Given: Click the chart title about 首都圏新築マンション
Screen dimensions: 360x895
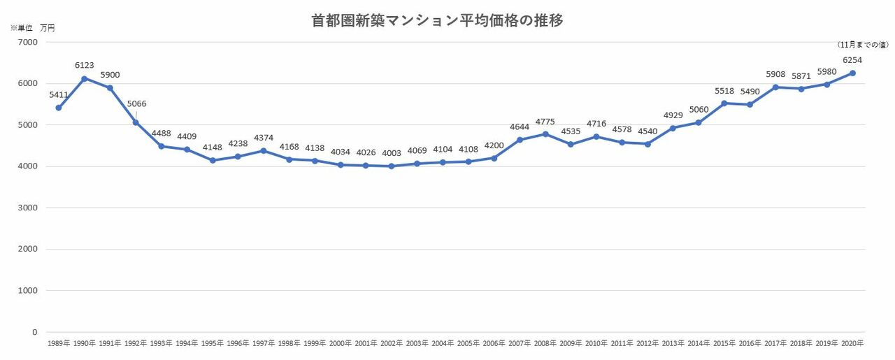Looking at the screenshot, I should click(x=437, y=21).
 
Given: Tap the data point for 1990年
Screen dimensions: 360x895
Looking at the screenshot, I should click(x=85, y=78).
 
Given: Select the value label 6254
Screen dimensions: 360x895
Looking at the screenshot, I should click(x=852, y=60).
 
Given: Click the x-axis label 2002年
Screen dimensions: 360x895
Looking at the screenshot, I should click(x=391, y=343).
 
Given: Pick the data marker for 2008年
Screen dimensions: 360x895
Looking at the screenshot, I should click(x=545, y=134).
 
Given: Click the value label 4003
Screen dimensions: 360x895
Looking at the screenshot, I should click(x=391, y=153).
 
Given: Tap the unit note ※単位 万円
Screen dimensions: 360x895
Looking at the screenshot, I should click(x=32, y=29).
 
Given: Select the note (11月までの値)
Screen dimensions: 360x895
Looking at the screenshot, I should click(x=863, y=45).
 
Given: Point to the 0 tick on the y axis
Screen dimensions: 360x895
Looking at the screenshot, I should click(x=34, y=332).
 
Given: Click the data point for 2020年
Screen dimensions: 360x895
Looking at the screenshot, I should click(x=852, y=73).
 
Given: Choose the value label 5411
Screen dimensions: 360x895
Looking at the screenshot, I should click(x=59, y=94).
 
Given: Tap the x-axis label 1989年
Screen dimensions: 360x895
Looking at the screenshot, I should click(x=59, y=343).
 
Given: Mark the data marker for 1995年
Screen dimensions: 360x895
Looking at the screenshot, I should click(x=212, y=160).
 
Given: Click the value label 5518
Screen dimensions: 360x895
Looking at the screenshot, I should click(x=724, y=91).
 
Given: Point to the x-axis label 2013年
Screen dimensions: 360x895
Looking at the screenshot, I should click(x=673, y=343).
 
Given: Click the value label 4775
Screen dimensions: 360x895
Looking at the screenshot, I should click(x=545, y=122).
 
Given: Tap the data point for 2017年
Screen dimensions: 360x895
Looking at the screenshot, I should click(x=775, y=87).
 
